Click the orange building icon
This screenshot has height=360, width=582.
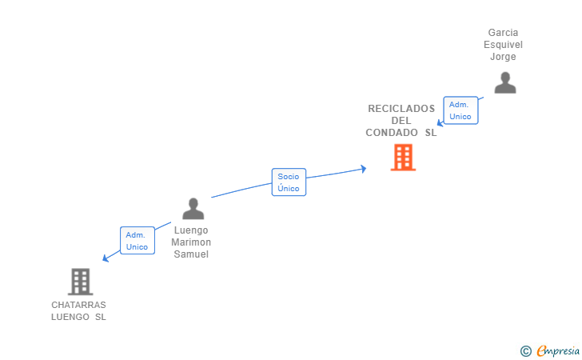(x=403, y=157)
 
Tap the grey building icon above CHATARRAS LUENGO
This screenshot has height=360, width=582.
(x=80, y=282)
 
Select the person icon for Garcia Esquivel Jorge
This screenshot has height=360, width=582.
(x=504, y=83)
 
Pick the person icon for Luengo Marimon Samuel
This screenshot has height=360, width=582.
(x=193, y=209)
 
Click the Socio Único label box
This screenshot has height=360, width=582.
(x=289, y=182)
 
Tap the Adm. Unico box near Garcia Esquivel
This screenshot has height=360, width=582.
(x=460, y=110)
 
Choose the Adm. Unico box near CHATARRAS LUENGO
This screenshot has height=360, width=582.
(x=138, y=240)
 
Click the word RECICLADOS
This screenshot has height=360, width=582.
(x=401, y=109)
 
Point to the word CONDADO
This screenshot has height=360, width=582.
(x=392, y=133)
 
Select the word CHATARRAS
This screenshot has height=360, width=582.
(x=78, y=305)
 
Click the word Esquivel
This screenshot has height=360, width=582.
(x=503, y=45)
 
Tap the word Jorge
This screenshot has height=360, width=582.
(x=503, y=57)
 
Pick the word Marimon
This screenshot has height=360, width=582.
(x=191, y=242)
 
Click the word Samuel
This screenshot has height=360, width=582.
(x=191, y=254)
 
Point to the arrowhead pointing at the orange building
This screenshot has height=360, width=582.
(x=364, y=169)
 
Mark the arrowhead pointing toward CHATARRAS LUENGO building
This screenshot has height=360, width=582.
(x=106, y=258)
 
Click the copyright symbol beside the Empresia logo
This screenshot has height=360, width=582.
(x=525, y=351)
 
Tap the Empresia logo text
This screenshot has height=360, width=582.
(x=558, y=350)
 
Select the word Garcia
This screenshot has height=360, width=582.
(x=503, y=33)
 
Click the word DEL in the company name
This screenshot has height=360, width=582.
(x=401, y=121)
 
